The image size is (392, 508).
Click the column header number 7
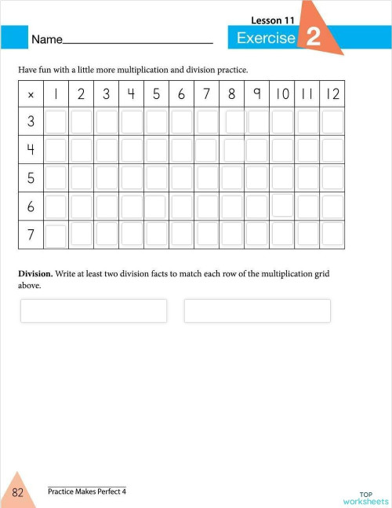[206, 94]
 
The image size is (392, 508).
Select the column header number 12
[332, 94]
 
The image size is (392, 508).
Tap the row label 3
[31, 122]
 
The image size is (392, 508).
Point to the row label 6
[31, 206]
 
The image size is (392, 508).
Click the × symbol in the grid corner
[31, 95]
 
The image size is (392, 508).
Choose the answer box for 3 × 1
[56, 122]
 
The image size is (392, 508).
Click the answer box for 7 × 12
[332, 234]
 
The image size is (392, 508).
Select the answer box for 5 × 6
[181, 177]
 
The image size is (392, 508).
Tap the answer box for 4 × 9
[256, 149]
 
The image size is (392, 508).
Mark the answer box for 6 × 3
[106, 206]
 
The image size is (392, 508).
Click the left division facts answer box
[93, 311]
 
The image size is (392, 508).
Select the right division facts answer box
[257, 311]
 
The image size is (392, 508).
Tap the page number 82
[17, 492]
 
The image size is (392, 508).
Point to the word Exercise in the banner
[266, 38]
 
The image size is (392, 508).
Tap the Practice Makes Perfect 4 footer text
[86, 492]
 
